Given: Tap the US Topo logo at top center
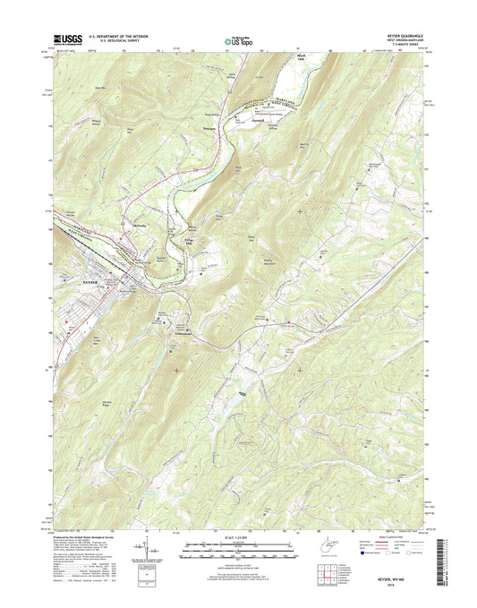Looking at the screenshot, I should (237, 39).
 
